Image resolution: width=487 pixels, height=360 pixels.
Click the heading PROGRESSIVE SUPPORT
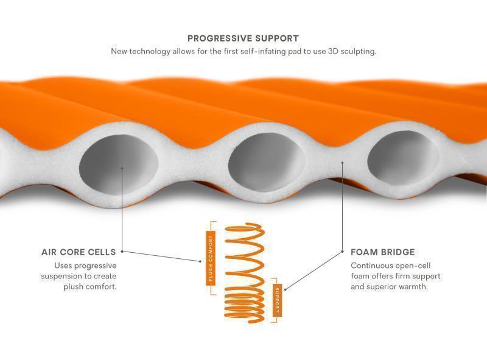(x=243, y=38)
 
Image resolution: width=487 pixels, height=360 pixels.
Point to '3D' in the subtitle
(x=319, y=51)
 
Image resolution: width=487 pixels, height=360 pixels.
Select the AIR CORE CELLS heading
(x=79, y=252)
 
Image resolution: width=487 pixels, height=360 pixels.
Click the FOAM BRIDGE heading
(x=383, y=252)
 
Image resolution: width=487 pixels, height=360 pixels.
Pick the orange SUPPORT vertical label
(x=276, y=300)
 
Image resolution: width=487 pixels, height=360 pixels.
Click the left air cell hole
(x=119, y=165)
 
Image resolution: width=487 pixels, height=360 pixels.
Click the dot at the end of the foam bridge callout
(x=342, y=163)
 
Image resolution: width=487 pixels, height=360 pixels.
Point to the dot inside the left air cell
(x=122, y=169)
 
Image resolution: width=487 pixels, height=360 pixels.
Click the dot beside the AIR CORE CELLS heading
(x=122, y=252)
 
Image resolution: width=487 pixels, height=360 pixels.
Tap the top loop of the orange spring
(x=243, y=228)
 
